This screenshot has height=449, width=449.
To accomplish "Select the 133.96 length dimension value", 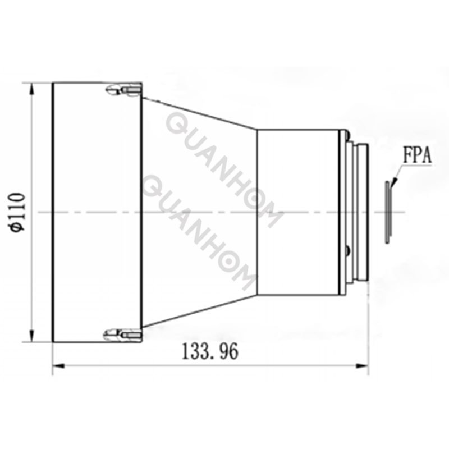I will point(210,352).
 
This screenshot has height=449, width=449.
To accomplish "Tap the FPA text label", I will point(416,155).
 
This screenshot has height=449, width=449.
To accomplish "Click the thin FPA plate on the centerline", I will point(387,212).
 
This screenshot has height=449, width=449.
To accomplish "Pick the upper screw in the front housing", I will point(124,89).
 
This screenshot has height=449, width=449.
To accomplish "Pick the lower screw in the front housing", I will point(123,335).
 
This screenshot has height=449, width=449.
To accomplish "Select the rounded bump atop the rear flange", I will point(348,135).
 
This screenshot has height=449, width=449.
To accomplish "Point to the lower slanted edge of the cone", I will point(199,311).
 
